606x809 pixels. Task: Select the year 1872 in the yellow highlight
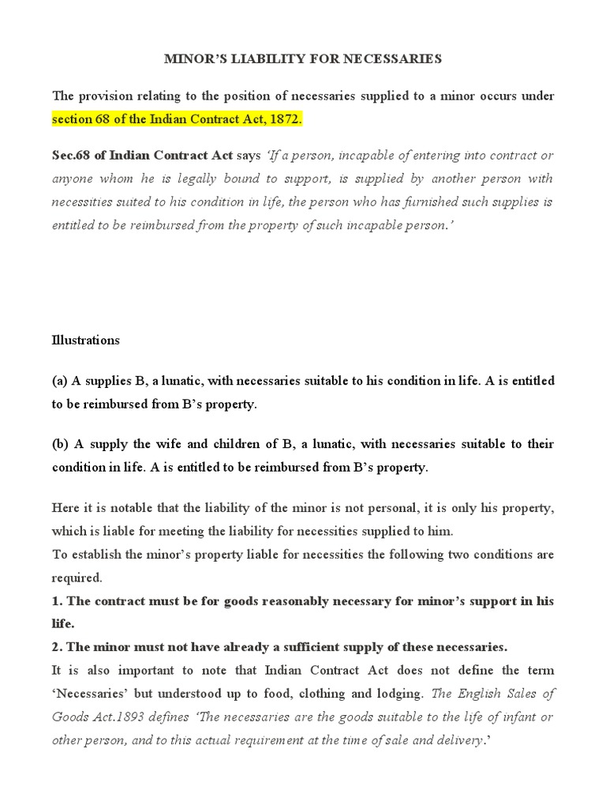coord(285,120)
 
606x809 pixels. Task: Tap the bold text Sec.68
coord(71,155)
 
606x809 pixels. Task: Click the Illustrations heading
coord(86,341)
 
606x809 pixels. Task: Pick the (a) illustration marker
coord(60,381)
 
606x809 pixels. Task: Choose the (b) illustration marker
coord(61,444)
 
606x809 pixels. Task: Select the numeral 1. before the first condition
coord(57,601)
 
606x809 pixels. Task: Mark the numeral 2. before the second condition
coord(57,647)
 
